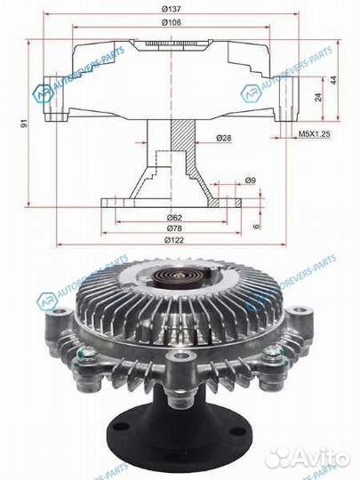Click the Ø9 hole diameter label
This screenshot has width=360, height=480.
coord(252,181)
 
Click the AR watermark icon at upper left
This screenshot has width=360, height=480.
coord(43,92)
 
